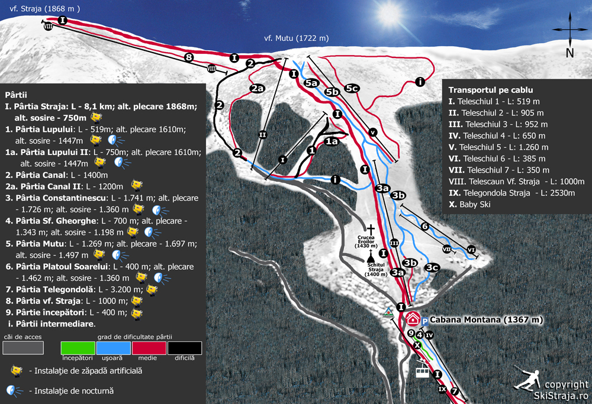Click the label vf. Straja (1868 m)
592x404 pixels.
[x=40, y=8]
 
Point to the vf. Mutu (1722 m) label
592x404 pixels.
[x=296, y=38]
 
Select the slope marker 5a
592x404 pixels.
[x=312, y=83]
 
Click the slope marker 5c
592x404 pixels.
[x=352, y=88]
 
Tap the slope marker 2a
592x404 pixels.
[x=256, y=89]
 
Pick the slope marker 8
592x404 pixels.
[x=188, y=57]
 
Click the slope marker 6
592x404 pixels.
[x=424, y=226]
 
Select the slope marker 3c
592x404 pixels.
[x=432, y=267]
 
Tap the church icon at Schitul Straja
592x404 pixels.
[x=371, y=258]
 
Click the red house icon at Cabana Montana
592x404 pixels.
[x=413, y=319]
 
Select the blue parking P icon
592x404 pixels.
[x=425, y=320]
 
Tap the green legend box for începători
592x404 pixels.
[x=78, y=347]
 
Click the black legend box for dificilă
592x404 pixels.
[x=185, y=347]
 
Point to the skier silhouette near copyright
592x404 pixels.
[x=527, y=379]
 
